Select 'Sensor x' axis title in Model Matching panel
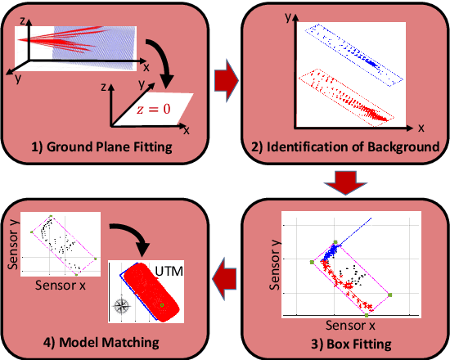(x=63, y=287)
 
